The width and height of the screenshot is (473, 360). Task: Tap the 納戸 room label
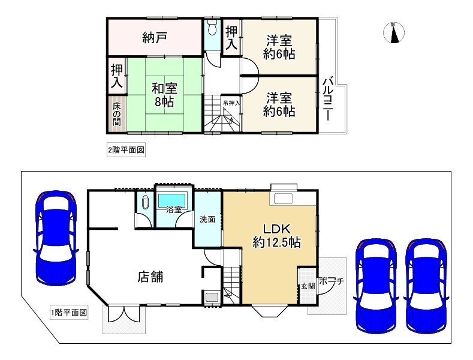(x=154, y=38)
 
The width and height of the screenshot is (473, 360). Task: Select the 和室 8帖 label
(x=162, y=94)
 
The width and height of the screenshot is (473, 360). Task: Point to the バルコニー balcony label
(x=328, y=100)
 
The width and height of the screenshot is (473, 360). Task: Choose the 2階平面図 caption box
(x=126, y=150)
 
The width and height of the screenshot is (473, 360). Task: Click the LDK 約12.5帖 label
(x=276, y=235)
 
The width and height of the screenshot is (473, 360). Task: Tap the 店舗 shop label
(x=151, y=277)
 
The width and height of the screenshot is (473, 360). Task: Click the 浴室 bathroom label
(x=174, y=211)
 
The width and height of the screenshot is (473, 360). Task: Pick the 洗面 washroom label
(x=207, y=219)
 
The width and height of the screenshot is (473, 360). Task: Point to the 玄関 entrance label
(x=307, y=286)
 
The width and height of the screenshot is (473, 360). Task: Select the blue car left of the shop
(x=55, y=237)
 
